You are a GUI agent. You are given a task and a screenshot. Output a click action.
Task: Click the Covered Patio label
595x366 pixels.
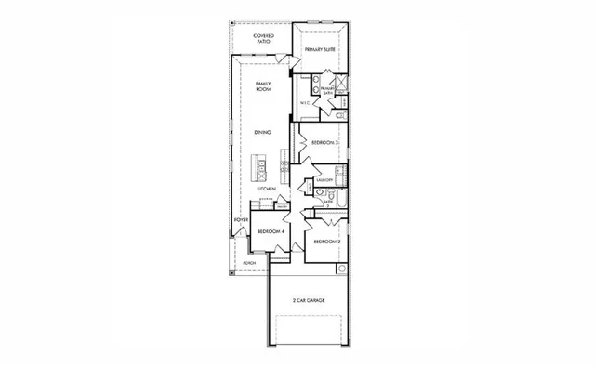[265, 39]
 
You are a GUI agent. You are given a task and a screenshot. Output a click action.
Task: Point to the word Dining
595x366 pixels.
[264, 133]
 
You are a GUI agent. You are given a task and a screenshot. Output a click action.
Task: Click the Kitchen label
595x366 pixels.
[266, 190]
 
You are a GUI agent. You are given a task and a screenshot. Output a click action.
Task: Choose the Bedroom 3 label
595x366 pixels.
[324, 142]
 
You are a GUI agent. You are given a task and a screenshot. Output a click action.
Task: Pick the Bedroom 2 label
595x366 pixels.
[324, 242]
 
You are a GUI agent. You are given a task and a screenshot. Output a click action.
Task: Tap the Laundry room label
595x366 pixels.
[324, 179]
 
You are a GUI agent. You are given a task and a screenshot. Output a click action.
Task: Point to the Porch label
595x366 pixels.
[249, 263]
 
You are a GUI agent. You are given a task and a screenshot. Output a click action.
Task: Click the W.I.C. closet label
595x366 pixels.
[305, 103]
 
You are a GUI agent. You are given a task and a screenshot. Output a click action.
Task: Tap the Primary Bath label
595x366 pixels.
[328, 90]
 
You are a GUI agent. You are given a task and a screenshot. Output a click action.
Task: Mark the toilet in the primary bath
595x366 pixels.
[341, 114]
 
